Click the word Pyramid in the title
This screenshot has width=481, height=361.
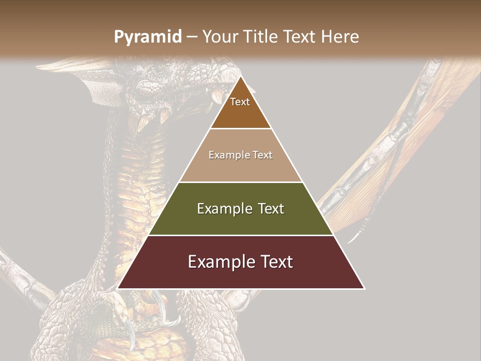(147, 37)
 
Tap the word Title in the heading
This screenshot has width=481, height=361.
(262, 37)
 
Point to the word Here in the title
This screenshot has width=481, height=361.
(340, 37)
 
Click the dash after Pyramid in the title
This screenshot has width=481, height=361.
(192, 37)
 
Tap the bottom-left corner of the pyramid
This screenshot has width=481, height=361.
(118, 288)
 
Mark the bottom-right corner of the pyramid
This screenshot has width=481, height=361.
(364, 288)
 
